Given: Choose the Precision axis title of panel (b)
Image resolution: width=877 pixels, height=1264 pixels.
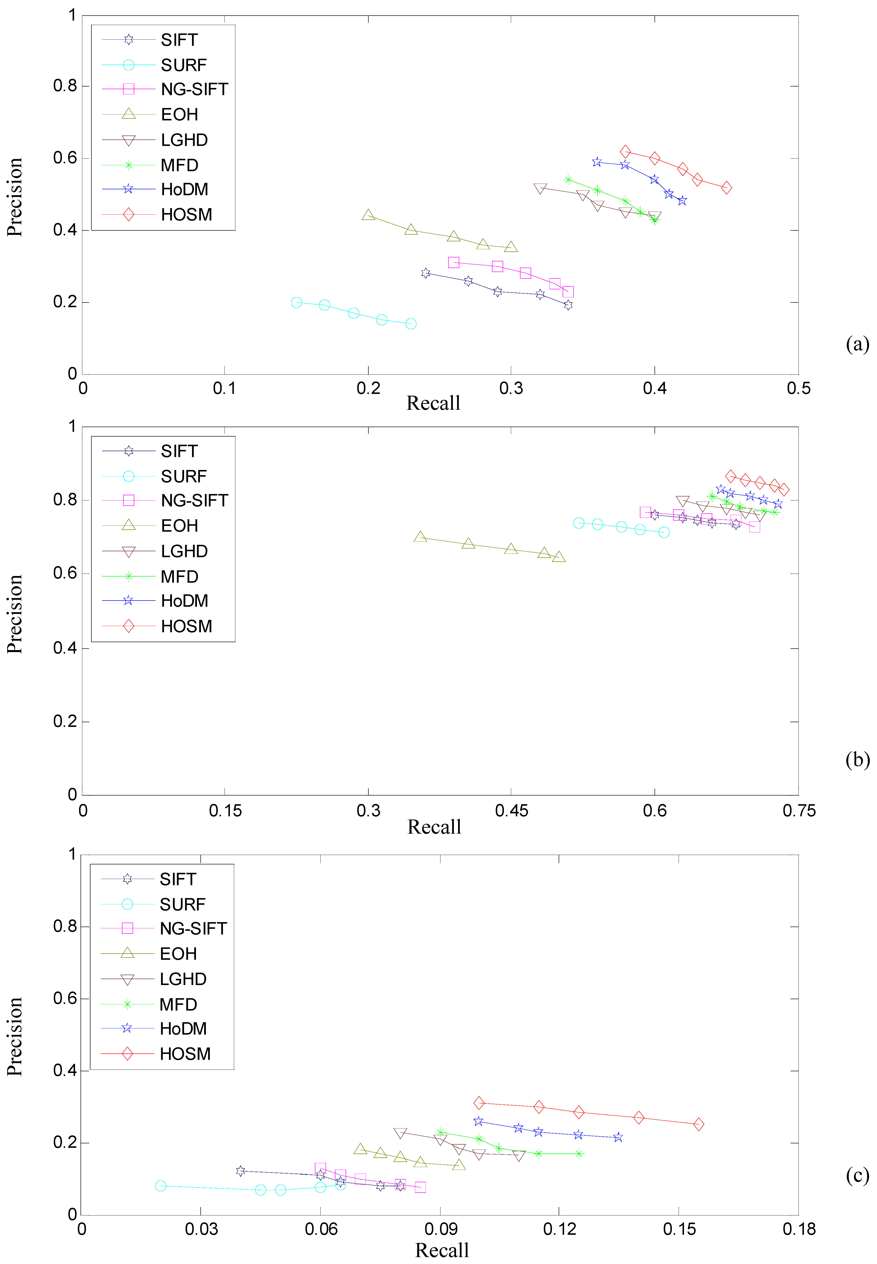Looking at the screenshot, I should (15, 614).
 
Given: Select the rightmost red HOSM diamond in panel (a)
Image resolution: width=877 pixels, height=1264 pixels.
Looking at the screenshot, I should (726, 187).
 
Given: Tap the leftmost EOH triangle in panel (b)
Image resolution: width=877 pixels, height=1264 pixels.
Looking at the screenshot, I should (420, 537).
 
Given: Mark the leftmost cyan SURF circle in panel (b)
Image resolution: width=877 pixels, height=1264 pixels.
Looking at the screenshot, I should (579, 523).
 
